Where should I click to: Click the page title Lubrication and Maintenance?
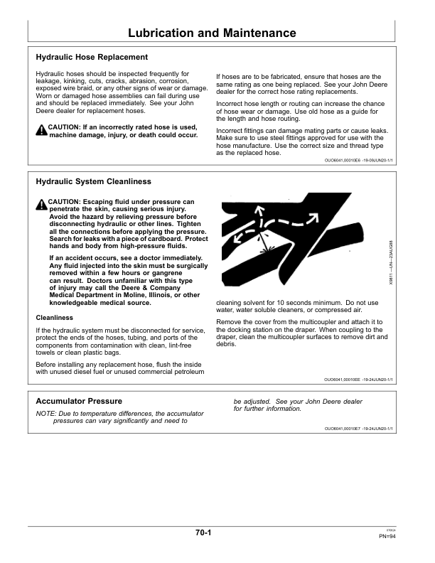click(x=212, y=33)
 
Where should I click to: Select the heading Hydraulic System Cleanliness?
click(x=93, y=182)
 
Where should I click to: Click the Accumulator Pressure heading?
click(x=79, y=402)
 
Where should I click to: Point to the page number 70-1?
click(x=204, y=532)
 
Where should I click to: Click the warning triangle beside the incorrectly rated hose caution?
click(x=41, y=129)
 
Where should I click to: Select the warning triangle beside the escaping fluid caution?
click(x=41, y=205)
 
